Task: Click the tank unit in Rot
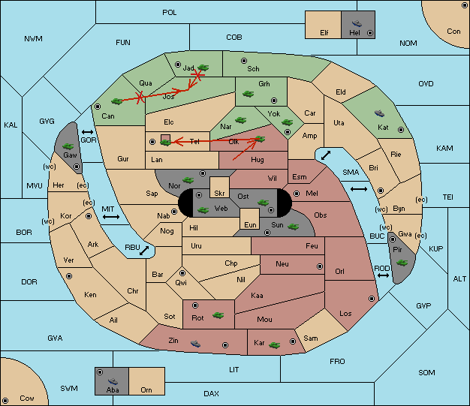tap(218, 315)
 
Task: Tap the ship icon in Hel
tap(357, 23)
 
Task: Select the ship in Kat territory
tap(379, 113)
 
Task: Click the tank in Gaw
tap(68, 146)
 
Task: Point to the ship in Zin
tap(195, 344)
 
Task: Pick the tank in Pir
tap(402, 263)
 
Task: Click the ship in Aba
tap(113, 381)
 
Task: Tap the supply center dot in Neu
tap(320, 266)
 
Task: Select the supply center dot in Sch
tap(244, 61)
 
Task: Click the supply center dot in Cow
tap(5, 400)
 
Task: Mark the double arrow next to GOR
tap(88, 132)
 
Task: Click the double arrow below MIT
tap(111, 217)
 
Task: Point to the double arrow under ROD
tap(383, 275)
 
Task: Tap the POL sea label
tap(170, 13)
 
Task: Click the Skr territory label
tap(219, 194)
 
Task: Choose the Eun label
tap(250, 224)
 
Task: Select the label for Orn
tap(146, 389)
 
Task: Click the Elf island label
tap(324, 33)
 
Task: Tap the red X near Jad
tap(197, 75)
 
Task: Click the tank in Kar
tap(275, 345)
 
